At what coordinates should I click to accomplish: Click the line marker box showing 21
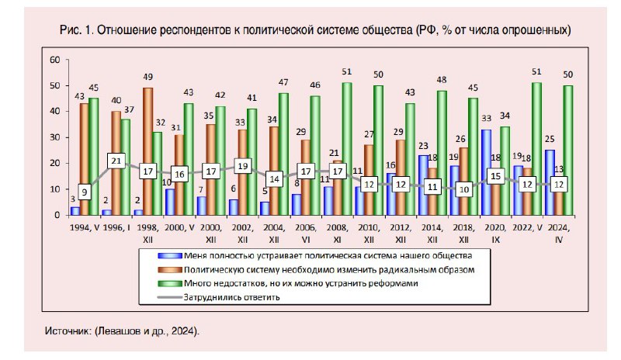116,161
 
